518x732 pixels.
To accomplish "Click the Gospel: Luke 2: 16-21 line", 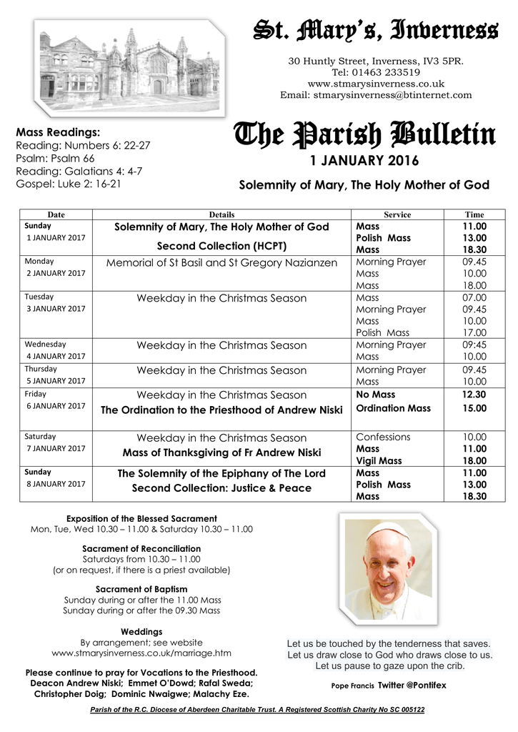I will pyautogui.click(x=68, y=184).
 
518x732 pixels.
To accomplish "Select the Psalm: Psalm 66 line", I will pyautogui.click(x=54, y=158).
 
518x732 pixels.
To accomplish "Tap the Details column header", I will pyautogui.click(x=221, y=214).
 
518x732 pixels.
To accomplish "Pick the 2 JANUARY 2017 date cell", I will pyautogui.click(x=56, y=274).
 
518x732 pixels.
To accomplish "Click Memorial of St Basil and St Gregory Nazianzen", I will pyautogui.click(x=221, y=263).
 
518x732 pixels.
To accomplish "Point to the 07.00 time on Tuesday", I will pyautogui.click(x=474, y=297).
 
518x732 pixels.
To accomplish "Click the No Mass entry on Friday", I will pyautogui.click(x=375, y=395).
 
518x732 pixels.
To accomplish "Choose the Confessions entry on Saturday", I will pyautogui.click(x=383, y=437).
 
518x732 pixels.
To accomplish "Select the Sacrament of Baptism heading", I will pyautogui.click(x=141, y=589).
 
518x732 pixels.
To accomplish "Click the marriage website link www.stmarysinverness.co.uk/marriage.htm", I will pyautogui.click(x=141, y=653).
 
